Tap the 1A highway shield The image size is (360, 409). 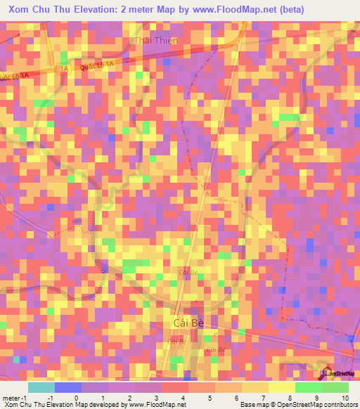(x=64, y=69)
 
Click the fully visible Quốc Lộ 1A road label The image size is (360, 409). (x=98, y=61)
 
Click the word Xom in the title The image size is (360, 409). (x=21, y=9)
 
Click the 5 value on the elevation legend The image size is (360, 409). (x=201, y=397)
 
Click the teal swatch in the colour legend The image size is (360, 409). (x=41, y=387)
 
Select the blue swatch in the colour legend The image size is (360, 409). (x=67, y=387)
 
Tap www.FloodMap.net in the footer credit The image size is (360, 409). (x=159, y=405)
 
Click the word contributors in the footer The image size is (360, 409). (x=338, y=405)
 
